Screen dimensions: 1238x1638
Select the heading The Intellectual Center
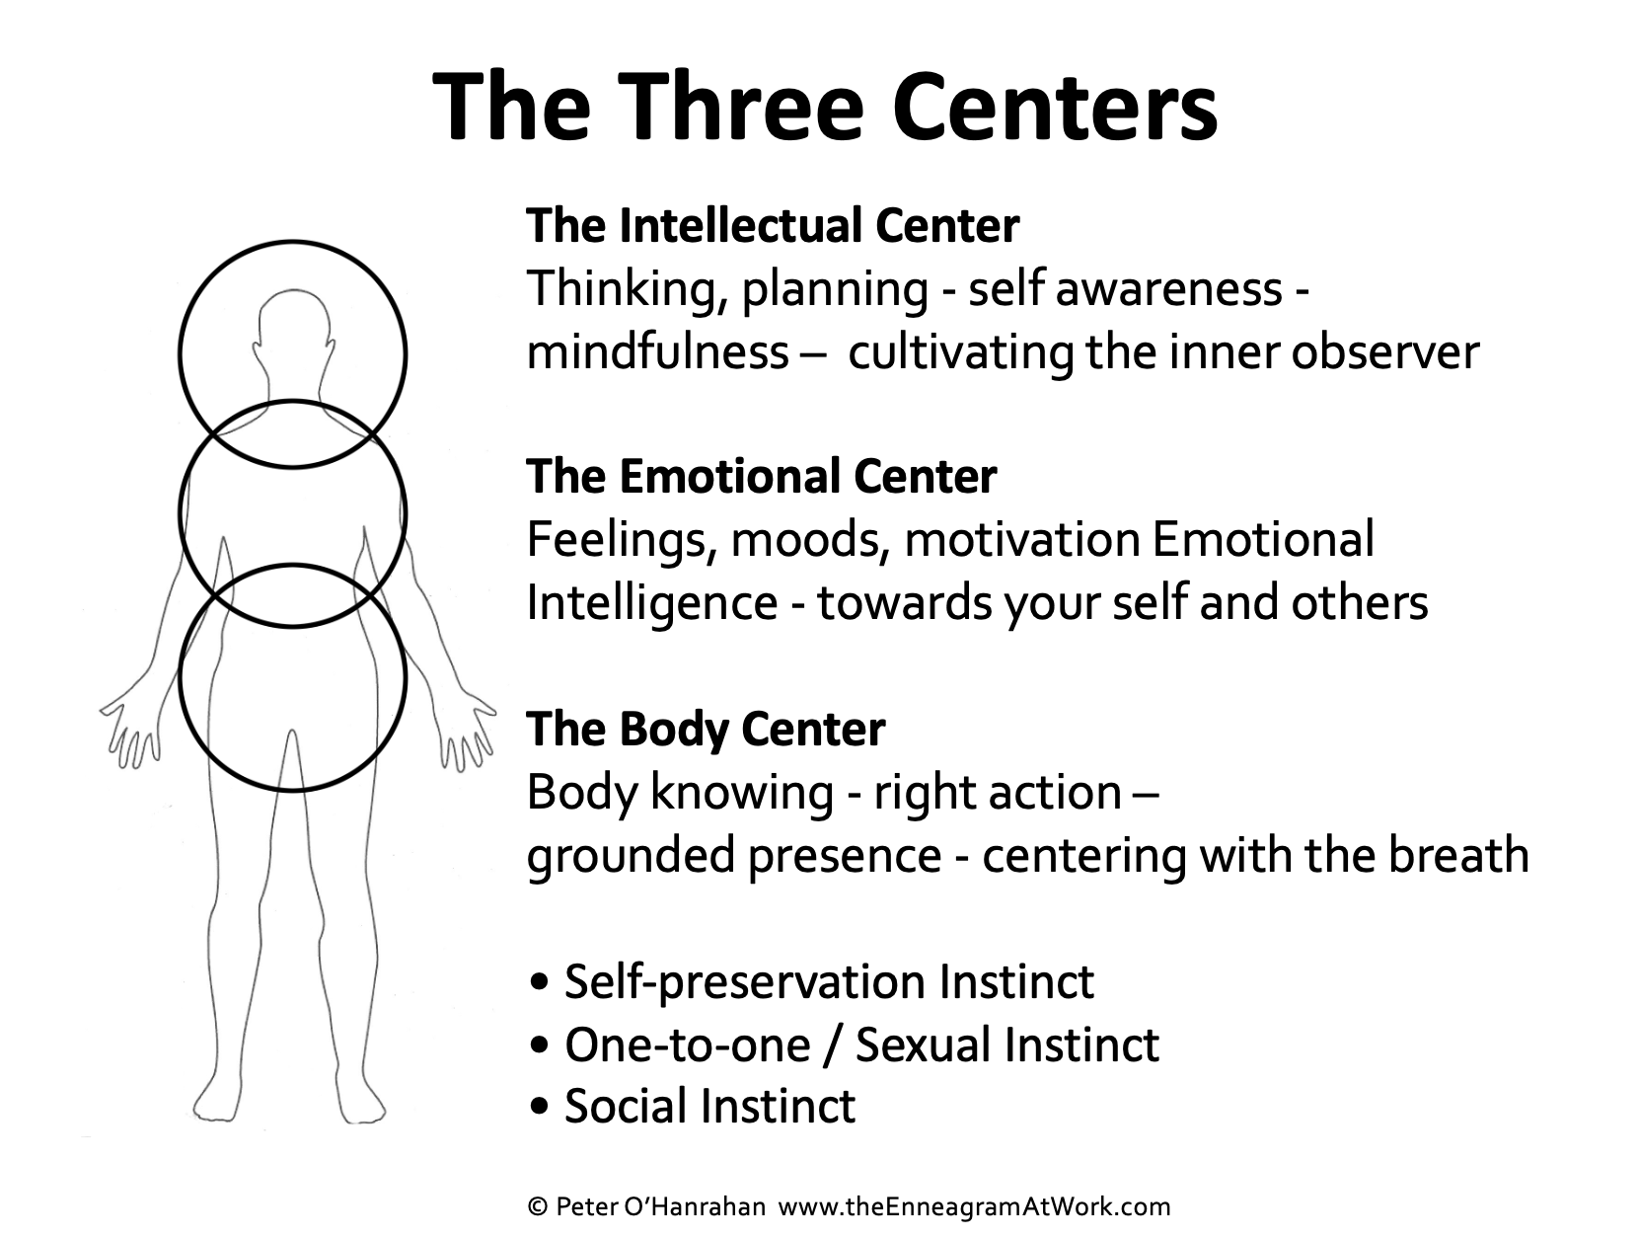click(x=773, y=226)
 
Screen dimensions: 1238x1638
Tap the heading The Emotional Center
click(x=761, y=476)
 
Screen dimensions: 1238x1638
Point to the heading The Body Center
click(x=706, y=729)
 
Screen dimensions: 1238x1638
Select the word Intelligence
click(x=651, y=602)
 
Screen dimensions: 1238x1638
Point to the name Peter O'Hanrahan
click(x=661, y=1206)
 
